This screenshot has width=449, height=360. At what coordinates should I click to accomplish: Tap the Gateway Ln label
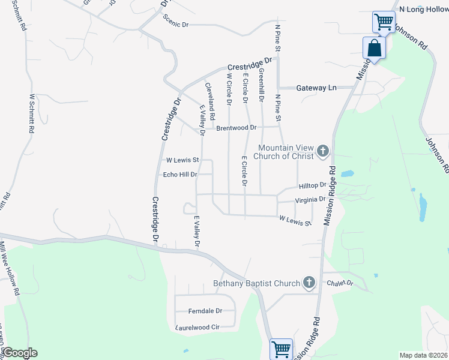(316, 88)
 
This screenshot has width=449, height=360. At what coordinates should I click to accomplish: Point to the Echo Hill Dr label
(180, 175)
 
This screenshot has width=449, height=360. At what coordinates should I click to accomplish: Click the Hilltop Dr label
(312, 186)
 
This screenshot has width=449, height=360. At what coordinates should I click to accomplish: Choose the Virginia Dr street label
(310, 199)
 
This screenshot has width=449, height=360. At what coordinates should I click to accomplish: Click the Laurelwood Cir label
(198, 328)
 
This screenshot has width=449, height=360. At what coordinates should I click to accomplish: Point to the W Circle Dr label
(229, 89)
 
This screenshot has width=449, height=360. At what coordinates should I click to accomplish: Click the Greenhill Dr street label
(261, 84)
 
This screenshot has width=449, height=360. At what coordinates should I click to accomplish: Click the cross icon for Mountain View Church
(323, 151)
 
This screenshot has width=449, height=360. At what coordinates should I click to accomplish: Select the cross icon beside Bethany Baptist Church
(309, 282)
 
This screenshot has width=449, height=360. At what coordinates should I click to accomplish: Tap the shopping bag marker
(374, 48)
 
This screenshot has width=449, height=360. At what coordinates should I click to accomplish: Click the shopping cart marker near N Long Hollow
(383, 22)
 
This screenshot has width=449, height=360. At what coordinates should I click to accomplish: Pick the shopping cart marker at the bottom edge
(281, 349)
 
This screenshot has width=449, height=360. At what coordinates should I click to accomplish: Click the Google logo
(20, 353)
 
